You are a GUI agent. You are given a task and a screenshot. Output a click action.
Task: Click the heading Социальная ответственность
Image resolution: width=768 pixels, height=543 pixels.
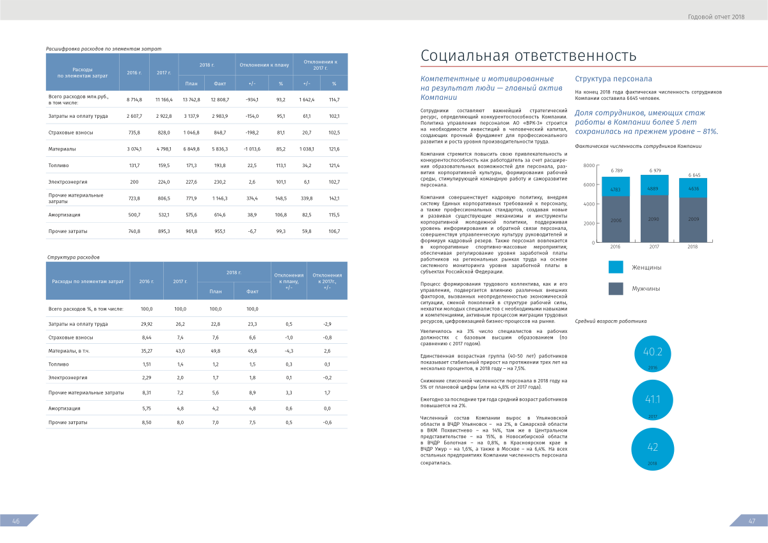528,56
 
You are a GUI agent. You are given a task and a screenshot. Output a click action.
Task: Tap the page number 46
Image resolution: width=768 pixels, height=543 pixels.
16,521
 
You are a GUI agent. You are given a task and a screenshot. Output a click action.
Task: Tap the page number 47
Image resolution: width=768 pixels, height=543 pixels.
752,521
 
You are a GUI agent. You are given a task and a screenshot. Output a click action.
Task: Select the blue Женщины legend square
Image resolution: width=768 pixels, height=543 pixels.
616,267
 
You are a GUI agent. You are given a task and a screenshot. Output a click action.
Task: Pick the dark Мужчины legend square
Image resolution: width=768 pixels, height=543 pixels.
616,289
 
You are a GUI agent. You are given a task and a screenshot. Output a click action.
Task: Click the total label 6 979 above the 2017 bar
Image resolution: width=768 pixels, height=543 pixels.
655,170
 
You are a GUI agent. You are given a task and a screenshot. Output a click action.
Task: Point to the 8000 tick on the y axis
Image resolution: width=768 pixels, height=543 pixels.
589,166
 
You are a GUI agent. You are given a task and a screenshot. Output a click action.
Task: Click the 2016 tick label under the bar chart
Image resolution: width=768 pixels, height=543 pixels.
616,247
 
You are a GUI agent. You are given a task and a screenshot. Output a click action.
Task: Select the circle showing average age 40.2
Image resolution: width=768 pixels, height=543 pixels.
653,353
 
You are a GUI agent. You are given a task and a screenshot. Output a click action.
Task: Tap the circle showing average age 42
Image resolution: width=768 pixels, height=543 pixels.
653,448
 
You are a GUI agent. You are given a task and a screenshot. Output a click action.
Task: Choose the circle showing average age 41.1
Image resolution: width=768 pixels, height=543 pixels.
653,400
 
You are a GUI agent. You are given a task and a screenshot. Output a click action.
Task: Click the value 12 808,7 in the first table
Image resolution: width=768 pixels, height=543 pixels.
220,100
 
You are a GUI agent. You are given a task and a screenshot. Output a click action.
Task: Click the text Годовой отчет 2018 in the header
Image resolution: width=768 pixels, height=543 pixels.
716,17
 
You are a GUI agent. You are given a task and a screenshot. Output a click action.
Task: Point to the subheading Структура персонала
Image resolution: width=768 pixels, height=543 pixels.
613,79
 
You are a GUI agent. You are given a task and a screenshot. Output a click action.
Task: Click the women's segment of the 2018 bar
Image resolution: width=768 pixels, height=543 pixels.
693,188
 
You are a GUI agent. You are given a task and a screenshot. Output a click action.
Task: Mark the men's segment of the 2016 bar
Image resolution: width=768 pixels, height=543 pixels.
616,220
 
